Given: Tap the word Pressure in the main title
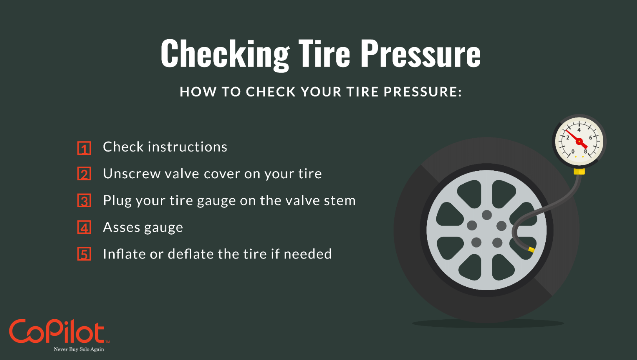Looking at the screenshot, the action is click(x=422, y=54).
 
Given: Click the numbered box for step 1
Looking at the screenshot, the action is click(x=84, y=148).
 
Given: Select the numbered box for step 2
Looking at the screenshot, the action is click(x=84, y=174).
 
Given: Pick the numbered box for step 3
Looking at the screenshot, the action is click(x=84, y=200).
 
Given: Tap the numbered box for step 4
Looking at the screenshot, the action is click(x=84, y=227).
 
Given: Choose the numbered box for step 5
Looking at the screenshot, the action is click(x=84, y=254).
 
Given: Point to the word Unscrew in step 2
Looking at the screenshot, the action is click(x=132, y=174).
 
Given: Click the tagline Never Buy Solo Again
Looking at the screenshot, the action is click(x=79, y=349).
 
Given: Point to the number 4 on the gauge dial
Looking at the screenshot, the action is click(x=579, y=130).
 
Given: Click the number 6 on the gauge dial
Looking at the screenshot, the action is click(x=590, y=138).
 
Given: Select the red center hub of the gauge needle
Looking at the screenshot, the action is click(x=579, y=141).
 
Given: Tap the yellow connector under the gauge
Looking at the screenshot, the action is click(x=579, y=171).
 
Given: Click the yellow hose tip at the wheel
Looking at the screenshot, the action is click(x=531, y=250).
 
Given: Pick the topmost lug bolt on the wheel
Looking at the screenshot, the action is click(x=487, y=215).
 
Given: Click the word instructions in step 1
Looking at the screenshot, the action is click(x=188, y=147).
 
